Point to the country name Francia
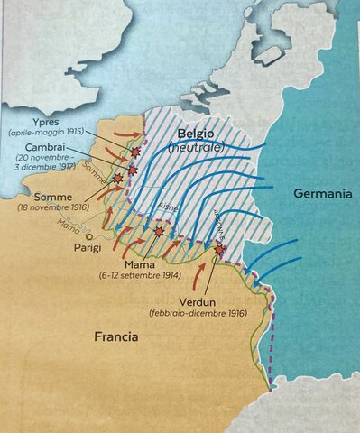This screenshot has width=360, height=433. (x=116, y=337)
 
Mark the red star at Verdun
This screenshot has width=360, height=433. (x=221, y=249)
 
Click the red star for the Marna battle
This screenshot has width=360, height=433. (x=159, y=232)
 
